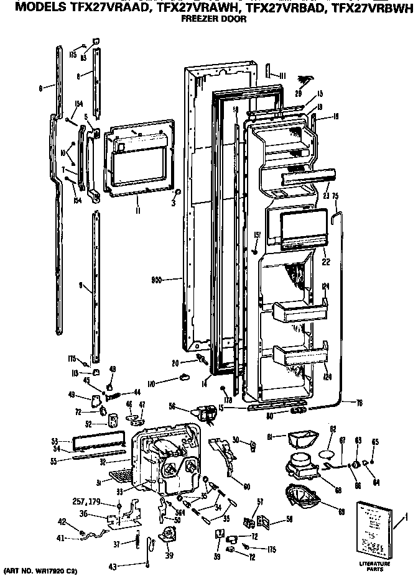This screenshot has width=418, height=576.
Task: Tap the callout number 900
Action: [x=156, y=280]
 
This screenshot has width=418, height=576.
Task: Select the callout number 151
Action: [x=256, y=234]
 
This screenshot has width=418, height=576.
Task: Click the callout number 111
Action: [x=282, y=75]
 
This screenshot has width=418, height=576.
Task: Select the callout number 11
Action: [x=138, y=211]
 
